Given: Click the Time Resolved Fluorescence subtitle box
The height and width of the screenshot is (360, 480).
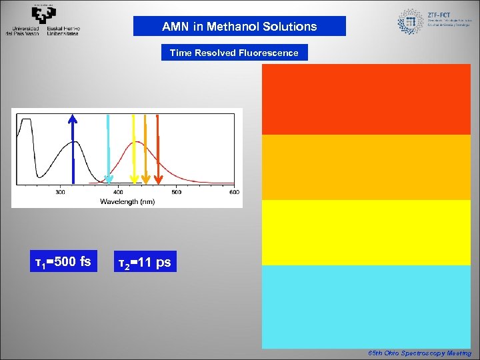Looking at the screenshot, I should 234,53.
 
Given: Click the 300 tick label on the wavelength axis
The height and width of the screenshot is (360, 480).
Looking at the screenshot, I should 60,193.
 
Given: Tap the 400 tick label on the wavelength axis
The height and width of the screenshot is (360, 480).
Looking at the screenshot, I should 118,193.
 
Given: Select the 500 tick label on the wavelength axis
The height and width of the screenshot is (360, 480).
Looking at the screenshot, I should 176,193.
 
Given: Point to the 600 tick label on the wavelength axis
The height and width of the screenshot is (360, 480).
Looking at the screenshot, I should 234,193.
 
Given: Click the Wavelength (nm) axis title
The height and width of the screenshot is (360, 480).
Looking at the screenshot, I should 127,201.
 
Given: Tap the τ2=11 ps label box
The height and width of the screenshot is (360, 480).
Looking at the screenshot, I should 144,263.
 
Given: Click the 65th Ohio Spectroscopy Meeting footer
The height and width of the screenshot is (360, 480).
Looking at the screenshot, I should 419,353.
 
